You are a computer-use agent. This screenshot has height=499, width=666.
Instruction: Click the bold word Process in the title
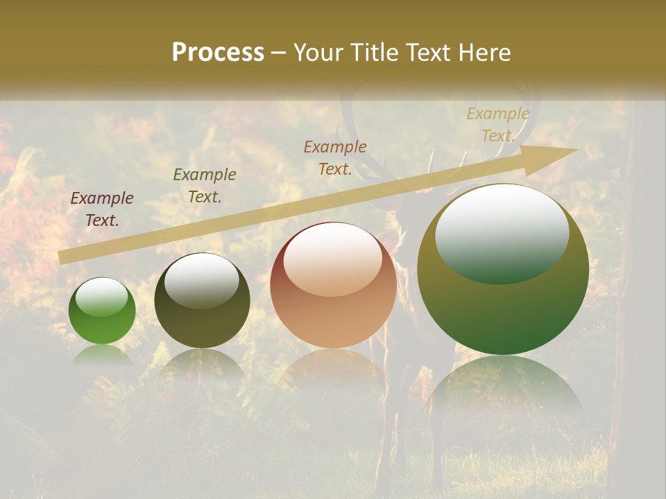pyautogui.click(x=218, y=53)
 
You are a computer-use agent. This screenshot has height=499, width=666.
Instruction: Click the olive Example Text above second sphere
pyautogui.click(x=205, y=186)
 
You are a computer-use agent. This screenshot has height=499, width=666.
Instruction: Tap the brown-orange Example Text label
pyautogui.click(x=335, y=157)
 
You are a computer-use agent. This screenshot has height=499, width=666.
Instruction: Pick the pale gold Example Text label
pyautogui.click(x=498, y=125)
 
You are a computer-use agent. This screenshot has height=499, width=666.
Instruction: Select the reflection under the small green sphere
pyautogui.click(x=102, y=354)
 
